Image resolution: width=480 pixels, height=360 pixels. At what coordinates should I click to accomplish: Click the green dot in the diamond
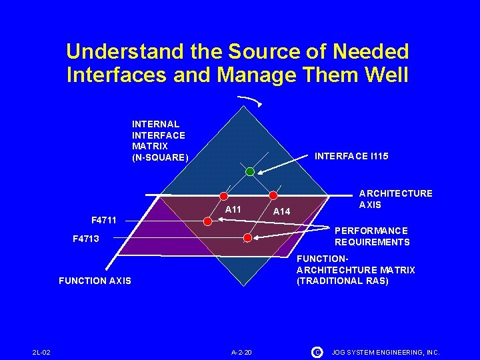[x=249, y=171]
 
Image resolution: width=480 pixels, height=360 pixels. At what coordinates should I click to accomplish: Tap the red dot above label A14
[x=273, y=196]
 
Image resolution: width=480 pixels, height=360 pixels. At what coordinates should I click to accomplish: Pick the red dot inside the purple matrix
[x=248, y=237]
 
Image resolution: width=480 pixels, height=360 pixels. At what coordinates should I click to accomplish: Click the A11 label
[x=233, y=209]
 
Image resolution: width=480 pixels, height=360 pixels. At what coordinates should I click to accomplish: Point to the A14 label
[x=282, y=211]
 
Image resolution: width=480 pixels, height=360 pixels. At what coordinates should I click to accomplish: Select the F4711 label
[x=103, y=219]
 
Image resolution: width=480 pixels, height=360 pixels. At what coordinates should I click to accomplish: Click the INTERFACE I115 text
[x=351, y=156]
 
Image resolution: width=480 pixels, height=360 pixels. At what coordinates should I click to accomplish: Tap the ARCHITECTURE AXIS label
[x=395, y=199]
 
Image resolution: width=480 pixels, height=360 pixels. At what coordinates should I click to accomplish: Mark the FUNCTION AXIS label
[x=95, y=281]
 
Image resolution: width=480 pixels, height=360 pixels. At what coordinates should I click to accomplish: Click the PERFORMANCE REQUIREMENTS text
[x=372, y=236]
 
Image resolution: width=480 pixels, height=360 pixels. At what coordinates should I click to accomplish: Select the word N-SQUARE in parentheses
[x=160, y=158]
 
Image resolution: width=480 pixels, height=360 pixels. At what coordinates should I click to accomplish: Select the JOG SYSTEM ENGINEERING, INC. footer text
[x=385, y=351]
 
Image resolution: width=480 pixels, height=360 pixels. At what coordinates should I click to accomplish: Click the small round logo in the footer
[x=317, y=351]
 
